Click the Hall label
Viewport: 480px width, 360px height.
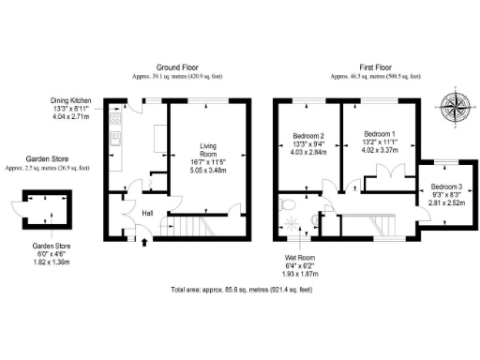pos(148,213)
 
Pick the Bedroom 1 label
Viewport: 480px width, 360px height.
pos(379,133)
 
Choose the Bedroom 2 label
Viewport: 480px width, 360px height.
pos(309,138)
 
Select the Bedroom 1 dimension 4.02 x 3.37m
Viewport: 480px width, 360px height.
pos(380,155)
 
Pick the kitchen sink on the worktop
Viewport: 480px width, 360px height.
pos(114,141)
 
